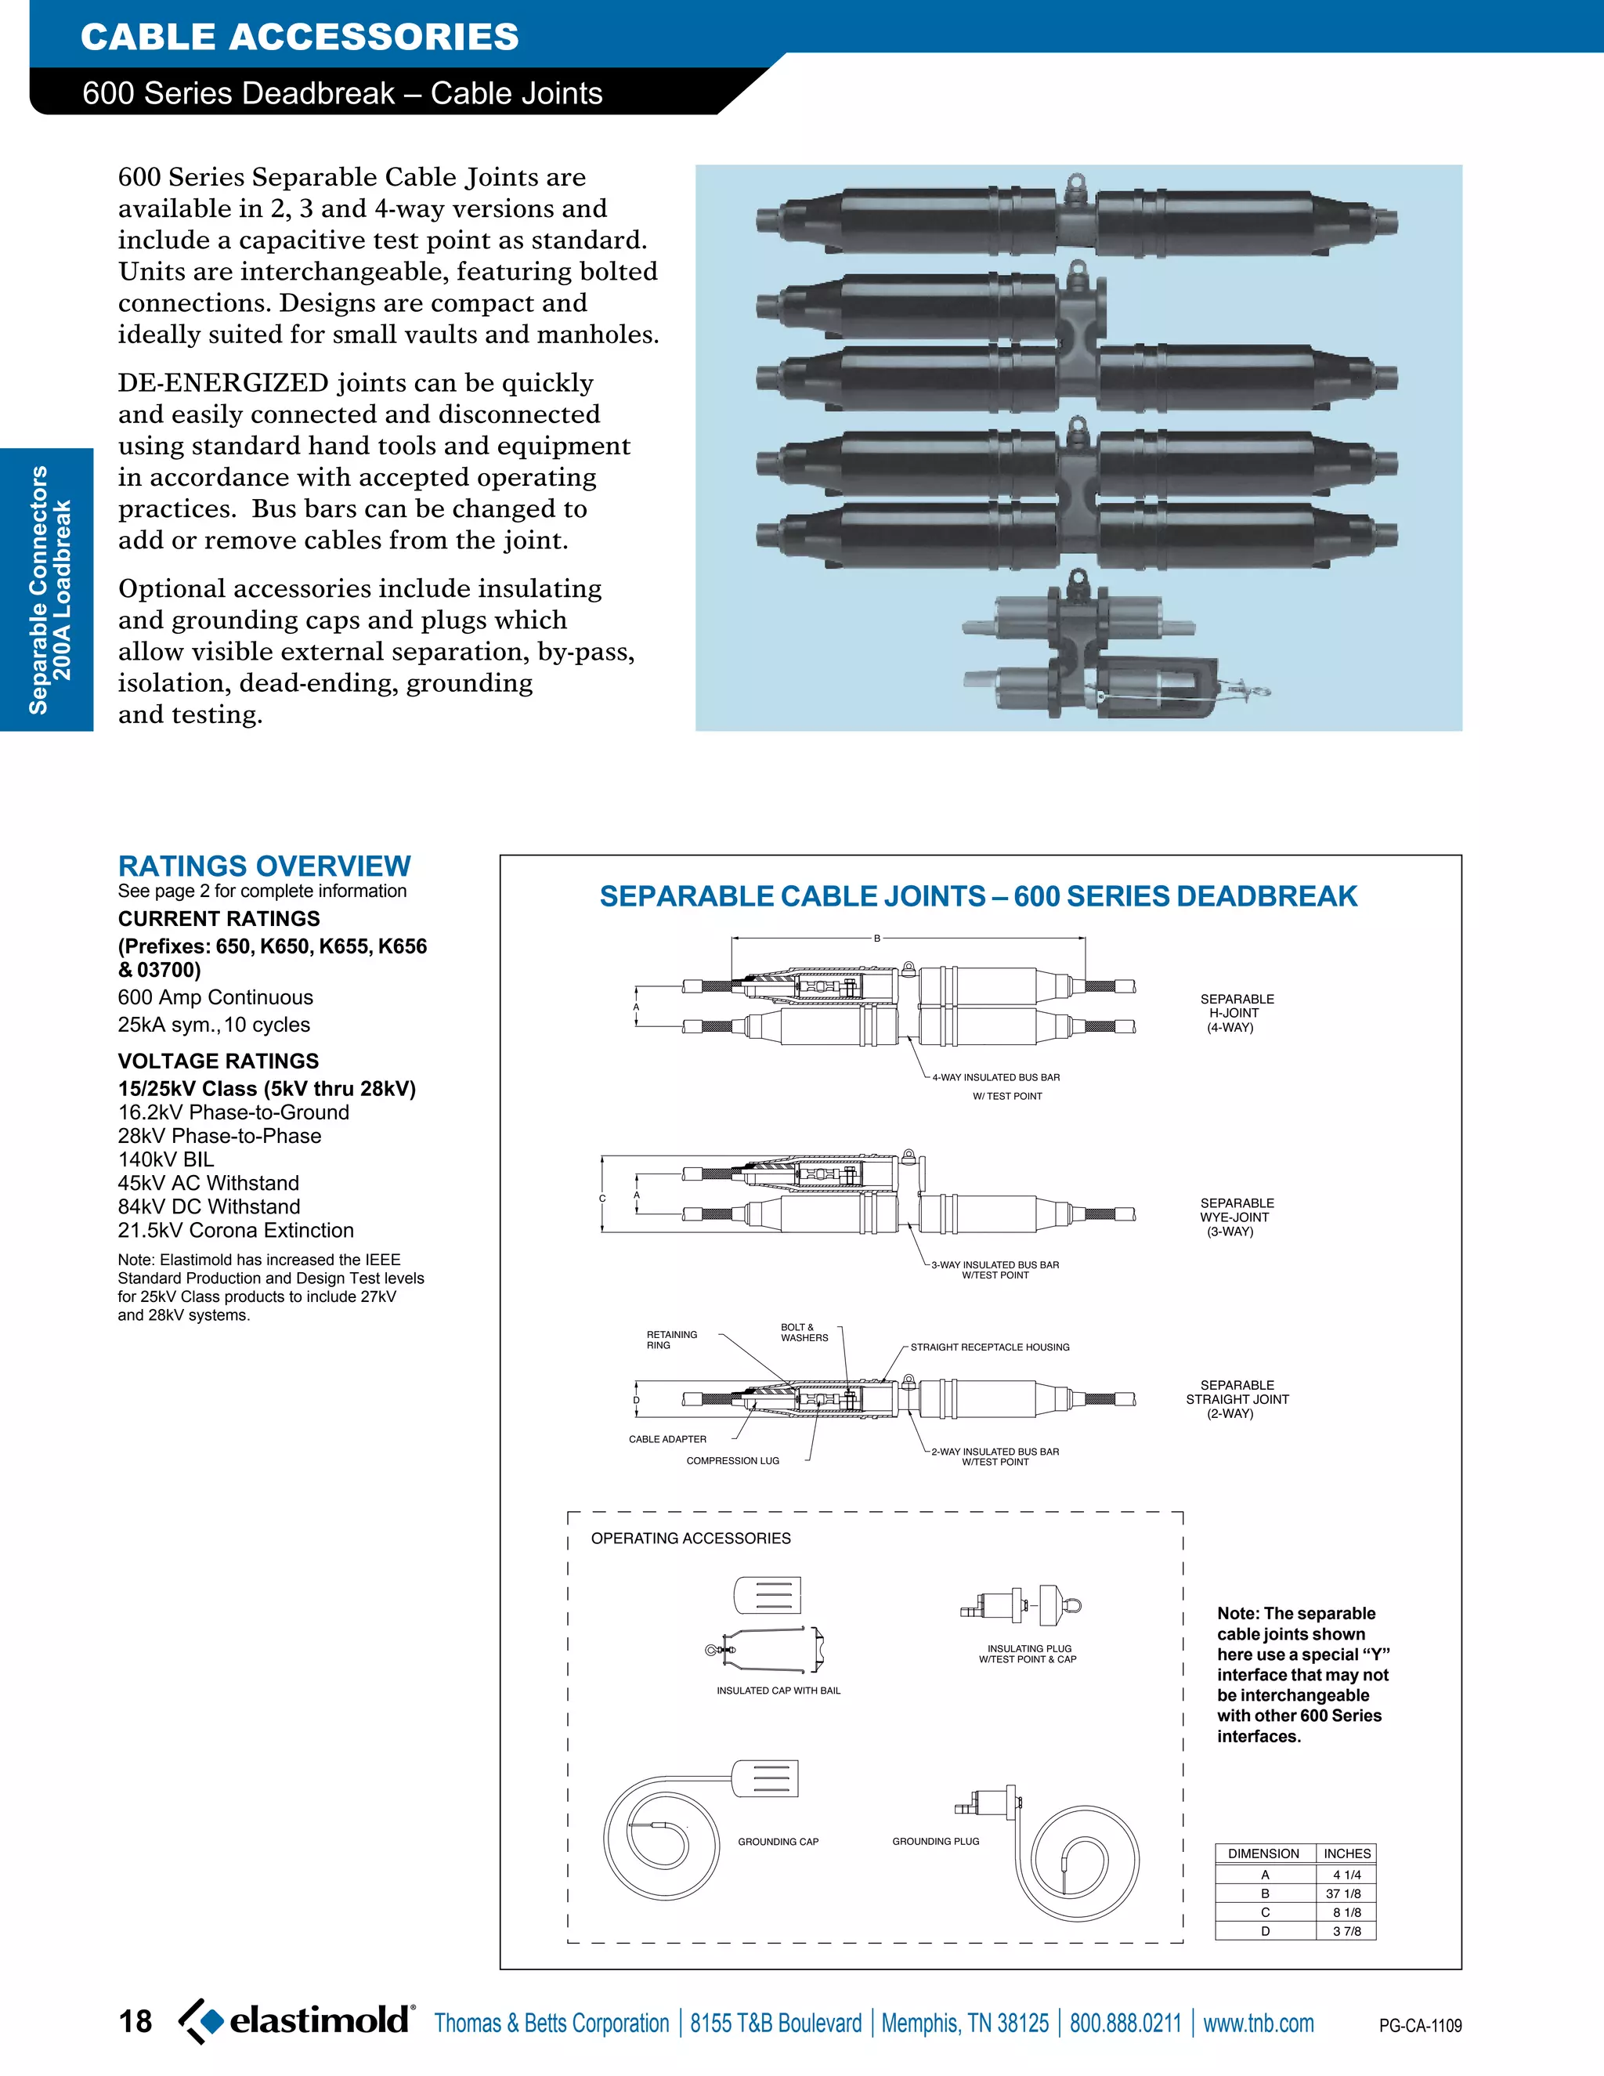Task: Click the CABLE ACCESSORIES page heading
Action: (299, 37)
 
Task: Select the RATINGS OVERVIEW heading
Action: (264, 866)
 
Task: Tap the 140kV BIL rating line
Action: (166, 1159)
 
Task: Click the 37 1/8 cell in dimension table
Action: (1346, 1893)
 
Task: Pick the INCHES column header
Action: (1346, 1854)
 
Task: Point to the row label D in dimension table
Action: (1265, 1930)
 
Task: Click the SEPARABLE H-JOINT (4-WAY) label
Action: (1236, 1013)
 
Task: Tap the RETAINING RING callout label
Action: (671, 1340)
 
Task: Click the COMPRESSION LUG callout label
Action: (732, 1461)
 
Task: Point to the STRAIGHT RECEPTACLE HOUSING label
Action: (989, 1347)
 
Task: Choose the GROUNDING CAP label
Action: (777, 1841)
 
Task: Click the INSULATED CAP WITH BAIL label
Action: (779, 1690)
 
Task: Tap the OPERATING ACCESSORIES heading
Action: (691, 1538)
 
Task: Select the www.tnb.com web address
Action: (1258, 2023)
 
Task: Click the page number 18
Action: (135, 2022)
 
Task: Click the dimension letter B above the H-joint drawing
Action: (877, 939)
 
